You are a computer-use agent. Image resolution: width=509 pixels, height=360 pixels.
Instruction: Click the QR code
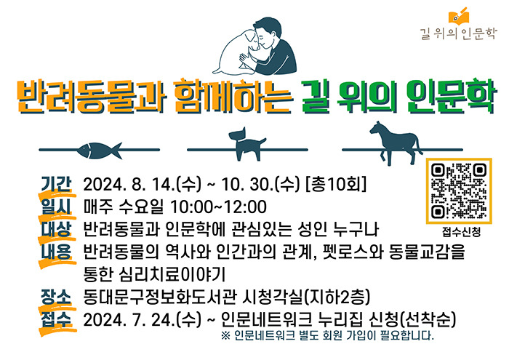point(459,191)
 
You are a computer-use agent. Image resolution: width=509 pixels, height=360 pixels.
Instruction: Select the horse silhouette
point(396,143)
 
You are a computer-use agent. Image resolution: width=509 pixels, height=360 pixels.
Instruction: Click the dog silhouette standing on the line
point(247,145)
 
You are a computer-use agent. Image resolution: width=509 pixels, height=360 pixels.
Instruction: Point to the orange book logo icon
point(459,16)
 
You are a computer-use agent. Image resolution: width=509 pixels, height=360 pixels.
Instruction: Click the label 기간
point(56,184)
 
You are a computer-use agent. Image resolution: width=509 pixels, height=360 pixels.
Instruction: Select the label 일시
point(56,207)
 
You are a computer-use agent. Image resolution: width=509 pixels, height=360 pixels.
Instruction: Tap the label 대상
point(56,229)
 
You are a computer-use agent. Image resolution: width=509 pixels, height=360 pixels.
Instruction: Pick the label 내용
point(56,252)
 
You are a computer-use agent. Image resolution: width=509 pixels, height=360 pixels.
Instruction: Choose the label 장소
point(56,297)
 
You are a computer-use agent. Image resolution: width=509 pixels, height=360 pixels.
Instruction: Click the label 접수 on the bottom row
point(56,319)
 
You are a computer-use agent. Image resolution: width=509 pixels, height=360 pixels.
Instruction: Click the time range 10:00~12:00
point(218,207)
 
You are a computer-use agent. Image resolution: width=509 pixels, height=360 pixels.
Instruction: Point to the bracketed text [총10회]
point(336,184)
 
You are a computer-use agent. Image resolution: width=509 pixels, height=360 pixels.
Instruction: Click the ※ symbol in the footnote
point(225,335)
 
